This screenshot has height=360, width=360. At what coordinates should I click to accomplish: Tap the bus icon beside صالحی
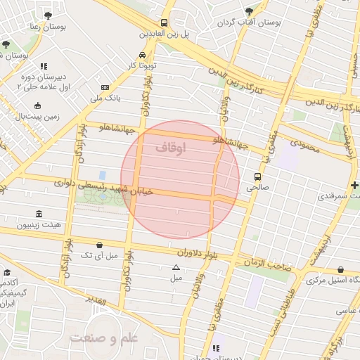coord(258,176)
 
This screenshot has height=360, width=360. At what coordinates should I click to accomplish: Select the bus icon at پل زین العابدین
coord(164,22)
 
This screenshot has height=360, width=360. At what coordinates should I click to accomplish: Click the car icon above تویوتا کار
coord(143,55)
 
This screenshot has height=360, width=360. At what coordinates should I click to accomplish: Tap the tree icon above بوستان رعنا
coord(48,15)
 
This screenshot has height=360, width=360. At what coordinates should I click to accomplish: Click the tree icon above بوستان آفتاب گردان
coord(249,11)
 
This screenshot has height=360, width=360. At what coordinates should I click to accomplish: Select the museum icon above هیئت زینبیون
coord(37,214)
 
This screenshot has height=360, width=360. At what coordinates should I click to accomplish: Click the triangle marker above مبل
coord(176,267)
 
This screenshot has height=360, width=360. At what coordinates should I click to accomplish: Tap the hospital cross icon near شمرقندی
coord(354,184)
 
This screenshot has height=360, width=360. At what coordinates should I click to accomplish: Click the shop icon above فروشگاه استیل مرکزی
coord(340,269)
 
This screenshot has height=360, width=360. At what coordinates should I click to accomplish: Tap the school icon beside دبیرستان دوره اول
coord(43,66)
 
